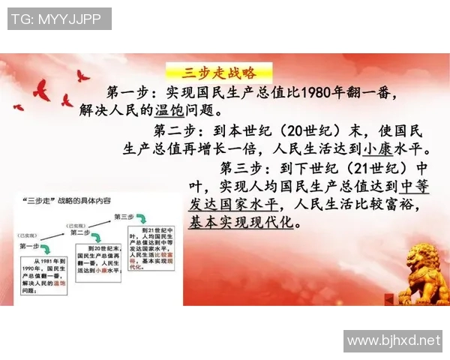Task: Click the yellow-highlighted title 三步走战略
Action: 219,73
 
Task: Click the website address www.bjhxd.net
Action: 393,341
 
